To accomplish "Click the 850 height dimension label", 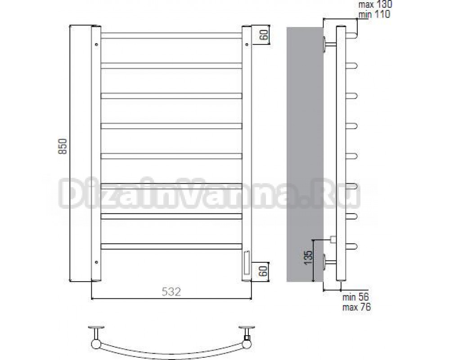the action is point(63,146).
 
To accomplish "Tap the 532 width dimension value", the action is point(171,292).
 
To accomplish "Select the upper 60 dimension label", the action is point(265,35).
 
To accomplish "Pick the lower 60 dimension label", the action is point(265,271).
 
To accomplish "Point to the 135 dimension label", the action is point(308,257).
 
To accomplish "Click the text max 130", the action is point(375,4).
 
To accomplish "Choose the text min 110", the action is point(374,14).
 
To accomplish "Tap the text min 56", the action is point(355,297).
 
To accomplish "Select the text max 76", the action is point(356,307).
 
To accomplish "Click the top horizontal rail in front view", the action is point(171,36).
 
